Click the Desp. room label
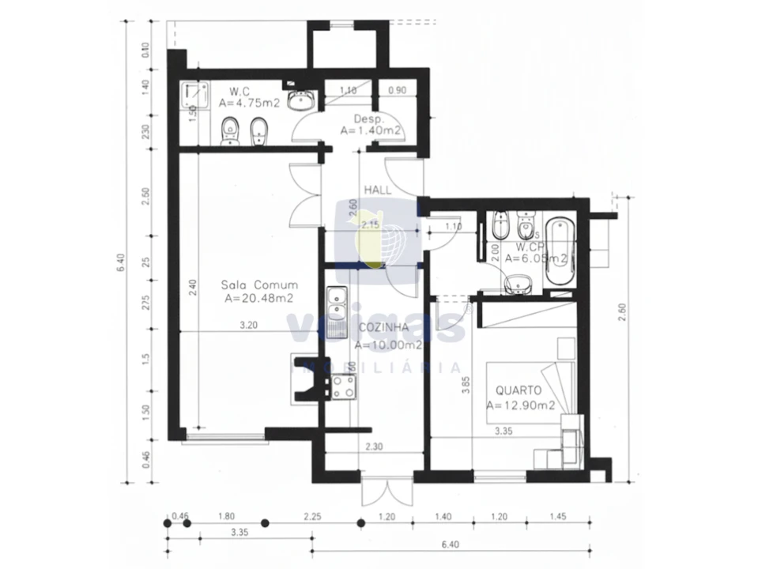coord(346,118)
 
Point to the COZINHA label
coord(383,327)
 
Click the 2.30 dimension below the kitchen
coord(375,447)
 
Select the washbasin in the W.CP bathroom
coord(518,283)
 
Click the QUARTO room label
coord(519,390)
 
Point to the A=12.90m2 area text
coord(519,405)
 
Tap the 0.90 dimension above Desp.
coord(398,90)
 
